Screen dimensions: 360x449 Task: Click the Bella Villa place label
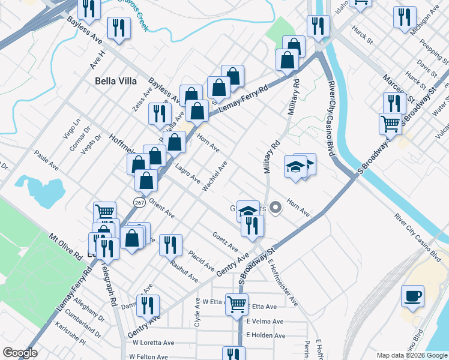(x=116, y=81)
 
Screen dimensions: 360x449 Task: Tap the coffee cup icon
(x=412, y=296)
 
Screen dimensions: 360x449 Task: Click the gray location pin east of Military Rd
(x=276, y=208)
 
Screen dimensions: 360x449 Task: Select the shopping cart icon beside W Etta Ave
(x=237, y=304)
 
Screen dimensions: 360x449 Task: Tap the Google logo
(x=20, y=353)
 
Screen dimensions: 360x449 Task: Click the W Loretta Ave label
(x=153, y=343)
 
